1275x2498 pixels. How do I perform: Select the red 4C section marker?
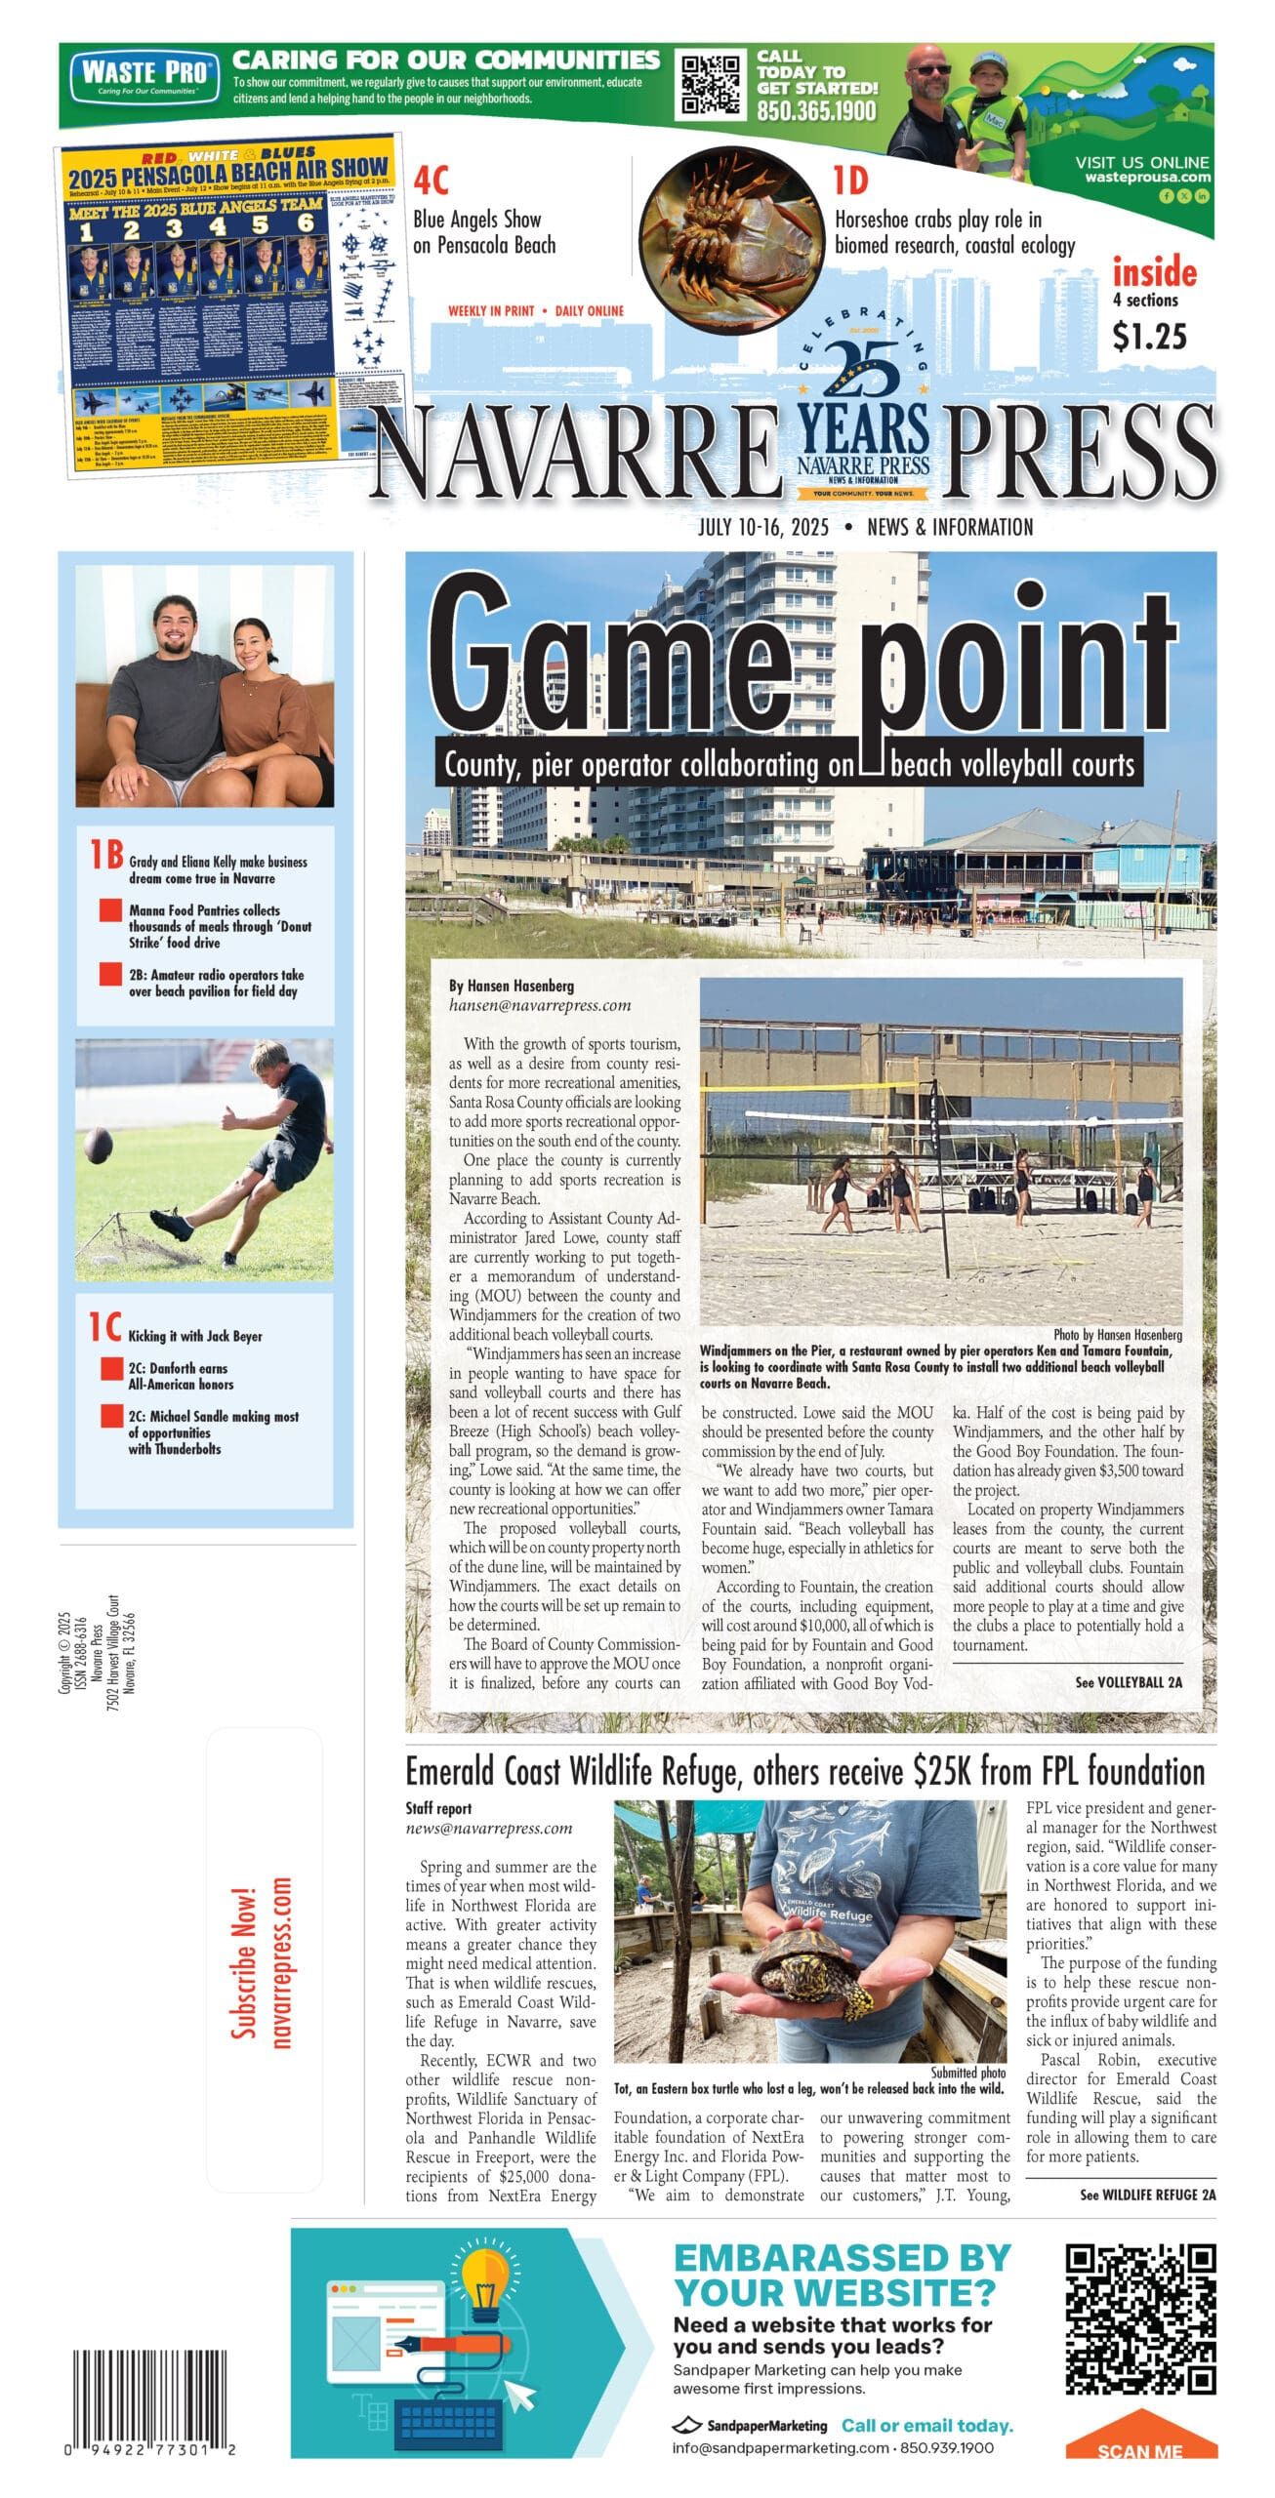click(x=431, y=181)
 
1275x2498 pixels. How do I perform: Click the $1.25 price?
click(x=1149, y=337)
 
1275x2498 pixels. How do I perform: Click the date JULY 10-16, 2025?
click(x=762, y=528)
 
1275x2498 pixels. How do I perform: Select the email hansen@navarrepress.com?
click(x=540, y=1004)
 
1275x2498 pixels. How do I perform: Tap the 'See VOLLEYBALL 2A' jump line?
click(x=1128, y=1681)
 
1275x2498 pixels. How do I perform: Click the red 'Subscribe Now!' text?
click(x=243, y=1961)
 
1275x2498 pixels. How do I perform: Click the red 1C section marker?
click(x=105, y=1327)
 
